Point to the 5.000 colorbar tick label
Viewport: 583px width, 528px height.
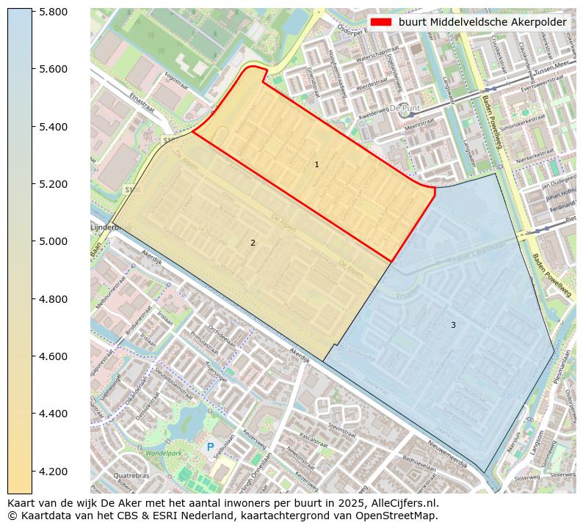[54, 241]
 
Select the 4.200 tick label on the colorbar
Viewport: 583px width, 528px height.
[54, 471]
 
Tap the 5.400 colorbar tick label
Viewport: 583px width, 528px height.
[54, 127]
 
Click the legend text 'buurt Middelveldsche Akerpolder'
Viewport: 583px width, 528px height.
[482, 22]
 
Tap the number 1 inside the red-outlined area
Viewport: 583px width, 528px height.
[316, 165]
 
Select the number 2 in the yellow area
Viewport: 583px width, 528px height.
[253, 243]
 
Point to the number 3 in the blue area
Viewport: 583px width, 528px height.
[453, 325]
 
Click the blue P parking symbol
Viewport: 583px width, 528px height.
[210, 447]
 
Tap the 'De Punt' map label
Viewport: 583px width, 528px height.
[404, 108]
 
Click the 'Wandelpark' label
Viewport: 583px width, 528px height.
[162, 453]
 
